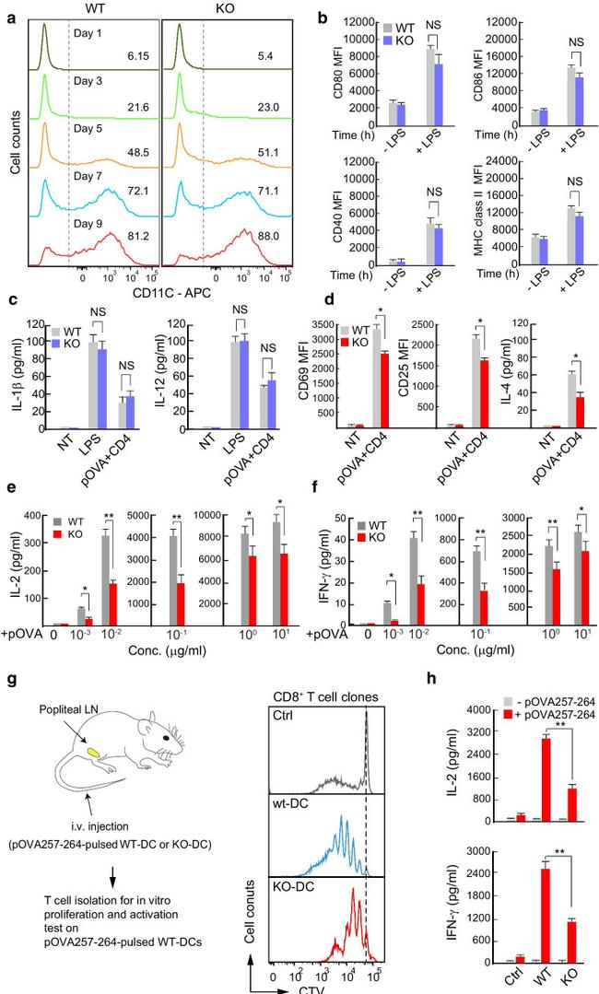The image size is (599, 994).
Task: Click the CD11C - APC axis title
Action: click(169, 296)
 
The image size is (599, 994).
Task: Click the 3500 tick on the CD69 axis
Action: click(355, 323)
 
